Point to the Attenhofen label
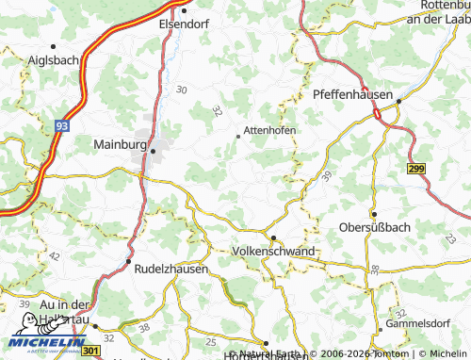(x=270, y=130)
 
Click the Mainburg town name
(x=121, y=145)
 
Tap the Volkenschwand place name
(x=273, y=252)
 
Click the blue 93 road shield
(x=62, y=124)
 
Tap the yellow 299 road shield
(x=417, y=168)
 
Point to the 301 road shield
(x=89, y=351)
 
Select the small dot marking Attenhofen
(x=237, y=137)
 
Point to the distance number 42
(x=54, y=255)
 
